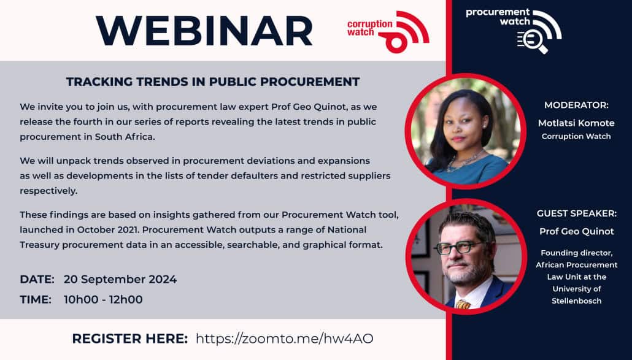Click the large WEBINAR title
204,31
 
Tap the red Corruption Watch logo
388,31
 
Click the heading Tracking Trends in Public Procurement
213,82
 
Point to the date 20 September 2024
120,280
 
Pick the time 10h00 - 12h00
103,300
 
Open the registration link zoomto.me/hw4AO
285,339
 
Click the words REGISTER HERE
130,339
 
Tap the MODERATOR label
576,105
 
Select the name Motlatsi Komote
576,123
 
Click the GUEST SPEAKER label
576,213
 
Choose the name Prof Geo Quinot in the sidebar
576,231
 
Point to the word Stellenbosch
576,301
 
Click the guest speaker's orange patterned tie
463,304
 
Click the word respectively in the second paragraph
48,191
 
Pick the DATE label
37,280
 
